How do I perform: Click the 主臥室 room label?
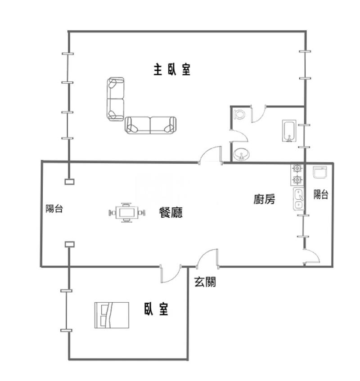pyautogui.click(x=172, y=70)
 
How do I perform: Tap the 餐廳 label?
pyautogui.click(x=171, y=212)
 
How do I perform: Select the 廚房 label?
pyautogui.click(x=265, y=199)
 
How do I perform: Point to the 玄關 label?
pyautogui.click(x=205, y=282)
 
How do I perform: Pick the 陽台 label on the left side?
pyautogui.click(x=54, y=209)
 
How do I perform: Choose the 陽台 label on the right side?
pyautogui.click(x=321, y=194)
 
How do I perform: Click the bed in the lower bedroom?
pyautogui.click(x=112, y=315)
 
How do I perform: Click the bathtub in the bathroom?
pyautogui.click(x=288, y=130)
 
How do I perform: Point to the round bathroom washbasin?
pyautogui.click(x=243, y=155)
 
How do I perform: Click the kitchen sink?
pyautogui.click(x=298, y=199)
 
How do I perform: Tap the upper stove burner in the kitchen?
pyautogui.click(x=297, y=169)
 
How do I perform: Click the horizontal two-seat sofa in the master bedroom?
pyautogui.click(x=150, y=125)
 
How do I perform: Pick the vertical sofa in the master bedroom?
pyautogui.click(x=116, y=99)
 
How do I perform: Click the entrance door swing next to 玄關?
pyautogui.click(x=208, y=258)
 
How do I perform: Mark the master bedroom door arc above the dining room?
pyautogui.click(x=211, y=155)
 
